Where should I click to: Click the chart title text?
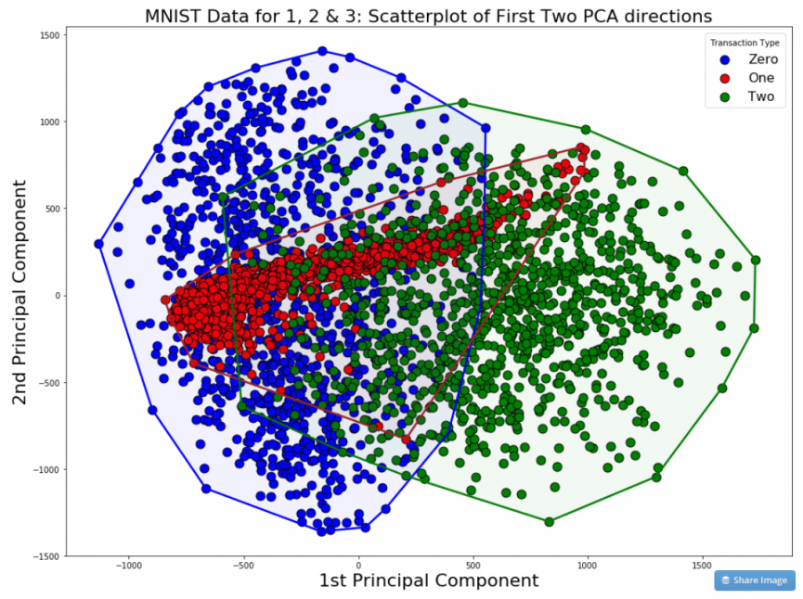(428, 16)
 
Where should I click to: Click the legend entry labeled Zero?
(760, 59)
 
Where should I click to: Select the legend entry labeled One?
(760, 78)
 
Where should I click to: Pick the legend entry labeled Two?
(760, 96)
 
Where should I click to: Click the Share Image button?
(754, 580)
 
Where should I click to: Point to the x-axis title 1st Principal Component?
(428, 581)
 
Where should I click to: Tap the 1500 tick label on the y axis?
(49, 35)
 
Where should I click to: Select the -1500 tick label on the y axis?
(46, 556)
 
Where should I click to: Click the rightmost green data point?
(756, 261)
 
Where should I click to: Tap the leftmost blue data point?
(99, 244)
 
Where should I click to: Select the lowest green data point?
(550, 522)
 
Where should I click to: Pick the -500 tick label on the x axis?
(243, 566)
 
